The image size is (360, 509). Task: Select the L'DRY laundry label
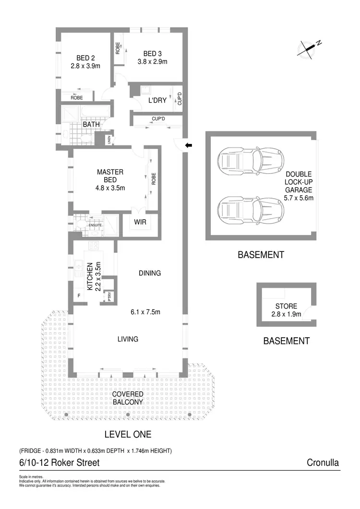[x=157, y=100]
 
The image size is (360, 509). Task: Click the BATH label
[x=91, y=124]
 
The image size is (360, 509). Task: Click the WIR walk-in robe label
[x=140, y=222]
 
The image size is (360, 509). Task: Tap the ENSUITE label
[x=94, y=224]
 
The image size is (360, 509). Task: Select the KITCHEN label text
[x=89, y=276]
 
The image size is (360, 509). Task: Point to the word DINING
[x=150, y=273]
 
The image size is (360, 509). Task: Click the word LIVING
[x=128, y=339]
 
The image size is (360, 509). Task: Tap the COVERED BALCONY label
[x=128, y=398]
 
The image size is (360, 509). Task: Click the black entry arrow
[x=189, y=145]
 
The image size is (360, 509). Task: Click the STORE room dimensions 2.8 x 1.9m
[x=286, y=315]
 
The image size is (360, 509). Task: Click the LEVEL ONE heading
[x=128, y=435]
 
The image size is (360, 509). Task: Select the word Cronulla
[x=323, y=463]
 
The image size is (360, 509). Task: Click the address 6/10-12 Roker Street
[x=59, y=463]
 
